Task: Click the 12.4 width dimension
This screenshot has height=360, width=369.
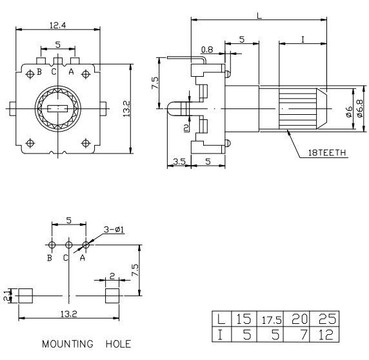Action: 57,25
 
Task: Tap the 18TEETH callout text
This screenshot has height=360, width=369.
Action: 326,153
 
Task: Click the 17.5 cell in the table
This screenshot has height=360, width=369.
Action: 272,319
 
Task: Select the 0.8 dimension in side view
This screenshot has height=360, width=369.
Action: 207,50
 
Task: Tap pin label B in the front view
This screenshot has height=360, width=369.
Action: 39,72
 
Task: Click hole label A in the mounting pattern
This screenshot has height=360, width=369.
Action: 83,258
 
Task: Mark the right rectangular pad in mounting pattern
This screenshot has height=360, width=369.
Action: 112,296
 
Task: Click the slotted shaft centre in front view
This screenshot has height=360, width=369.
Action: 57,109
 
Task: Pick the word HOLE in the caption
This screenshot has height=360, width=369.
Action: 118,344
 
